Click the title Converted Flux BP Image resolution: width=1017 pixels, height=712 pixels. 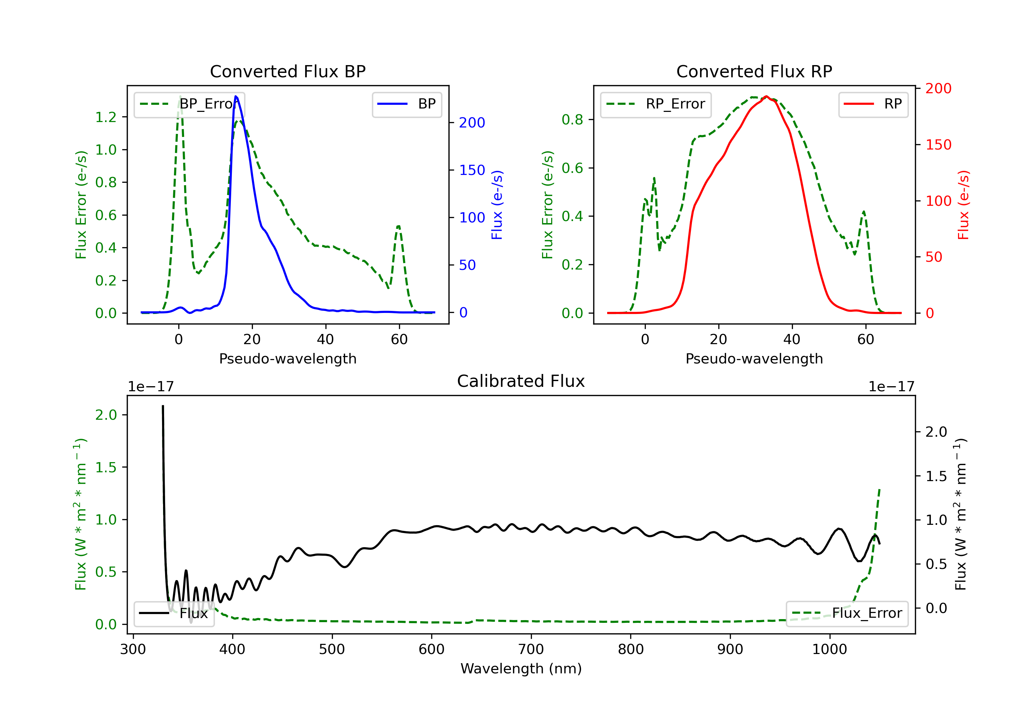coord(287,71)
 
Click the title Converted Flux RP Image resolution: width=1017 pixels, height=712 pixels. coord(754,71)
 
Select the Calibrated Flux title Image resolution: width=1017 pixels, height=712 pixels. coord(521,381)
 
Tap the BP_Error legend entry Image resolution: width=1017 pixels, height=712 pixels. coord(189,104)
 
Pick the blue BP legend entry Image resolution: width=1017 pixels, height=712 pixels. coord(406,104)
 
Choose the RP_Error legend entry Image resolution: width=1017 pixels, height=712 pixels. coord(656,104)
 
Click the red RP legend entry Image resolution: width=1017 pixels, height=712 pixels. coord(873,104)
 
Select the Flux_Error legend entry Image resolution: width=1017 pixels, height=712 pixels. coord(847,613)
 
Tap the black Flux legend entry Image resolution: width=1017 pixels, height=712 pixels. coord(174,613)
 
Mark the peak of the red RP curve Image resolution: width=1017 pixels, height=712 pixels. coord(766,96)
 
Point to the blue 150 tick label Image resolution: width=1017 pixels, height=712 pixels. coord(472,170)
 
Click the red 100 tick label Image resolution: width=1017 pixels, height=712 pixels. coord(938,201)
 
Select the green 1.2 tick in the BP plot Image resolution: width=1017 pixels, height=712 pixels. coord(106,117)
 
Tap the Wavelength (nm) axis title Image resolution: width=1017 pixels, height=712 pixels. coord(521,669)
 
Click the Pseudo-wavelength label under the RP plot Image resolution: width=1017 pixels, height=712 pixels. coord(754,358)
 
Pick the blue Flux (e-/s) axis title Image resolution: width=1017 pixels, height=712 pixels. coord(497,205)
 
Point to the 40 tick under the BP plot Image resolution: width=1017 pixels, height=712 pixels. coord(325,339)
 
